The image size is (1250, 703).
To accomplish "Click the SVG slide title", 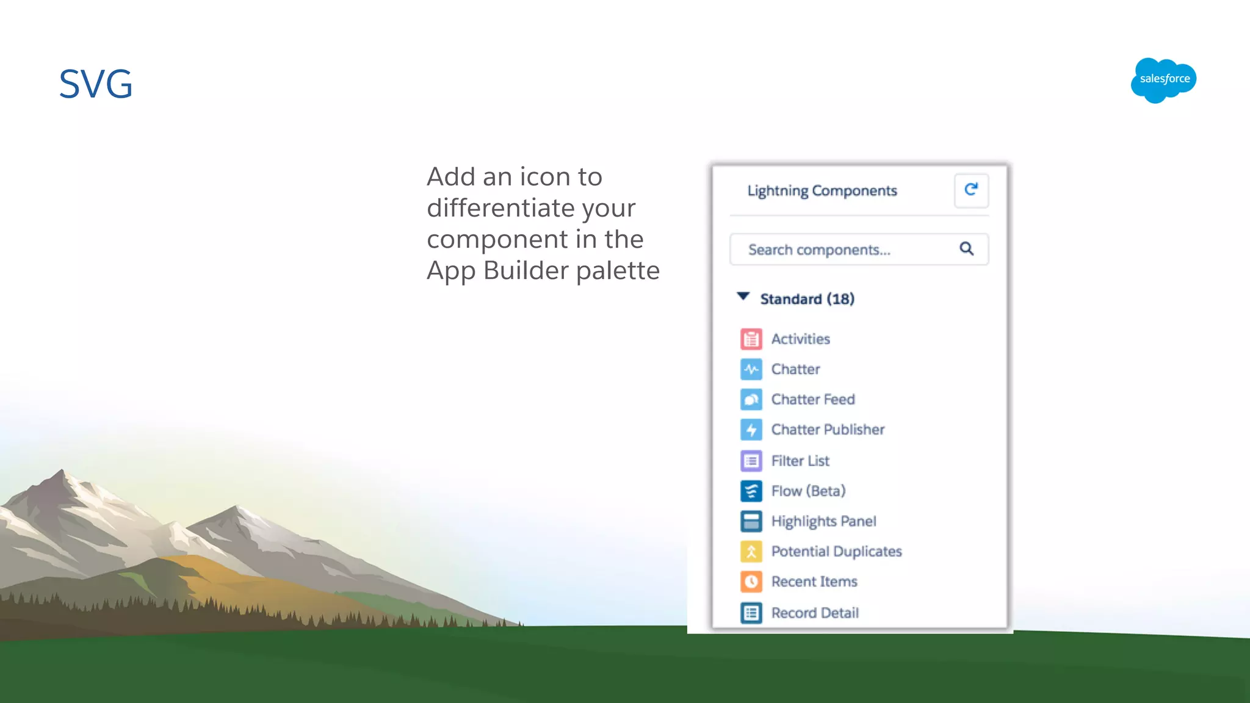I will coord(96,84).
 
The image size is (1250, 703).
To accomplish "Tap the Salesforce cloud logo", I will coord(1163,80).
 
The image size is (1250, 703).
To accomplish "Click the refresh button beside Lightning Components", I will coord(971,190).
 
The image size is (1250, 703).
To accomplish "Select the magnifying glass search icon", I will coord(966,248).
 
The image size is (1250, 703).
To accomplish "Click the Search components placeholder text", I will coord(819,250).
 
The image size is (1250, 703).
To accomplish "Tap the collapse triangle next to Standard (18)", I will coord(743,297).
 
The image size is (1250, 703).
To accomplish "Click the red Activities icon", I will coord(751,339).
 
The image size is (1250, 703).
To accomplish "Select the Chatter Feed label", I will coord(812,399).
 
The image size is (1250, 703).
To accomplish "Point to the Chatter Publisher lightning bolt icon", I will coord(751,430).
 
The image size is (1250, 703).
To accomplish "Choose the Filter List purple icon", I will coord(751,461).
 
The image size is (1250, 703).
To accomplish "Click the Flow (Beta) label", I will coord(808,491).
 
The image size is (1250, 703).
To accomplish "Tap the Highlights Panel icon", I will coord(751,521).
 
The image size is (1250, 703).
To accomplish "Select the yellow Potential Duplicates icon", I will coord(751,552).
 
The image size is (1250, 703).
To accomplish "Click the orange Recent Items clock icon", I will coord(751,582).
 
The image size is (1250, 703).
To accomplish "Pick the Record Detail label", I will coord(815,613).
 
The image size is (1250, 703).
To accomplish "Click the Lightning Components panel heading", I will coord(822,190).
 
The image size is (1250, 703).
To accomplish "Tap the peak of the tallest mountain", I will coord(62,470).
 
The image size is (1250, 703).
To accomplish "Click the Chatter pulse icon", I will coord(751,369).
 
